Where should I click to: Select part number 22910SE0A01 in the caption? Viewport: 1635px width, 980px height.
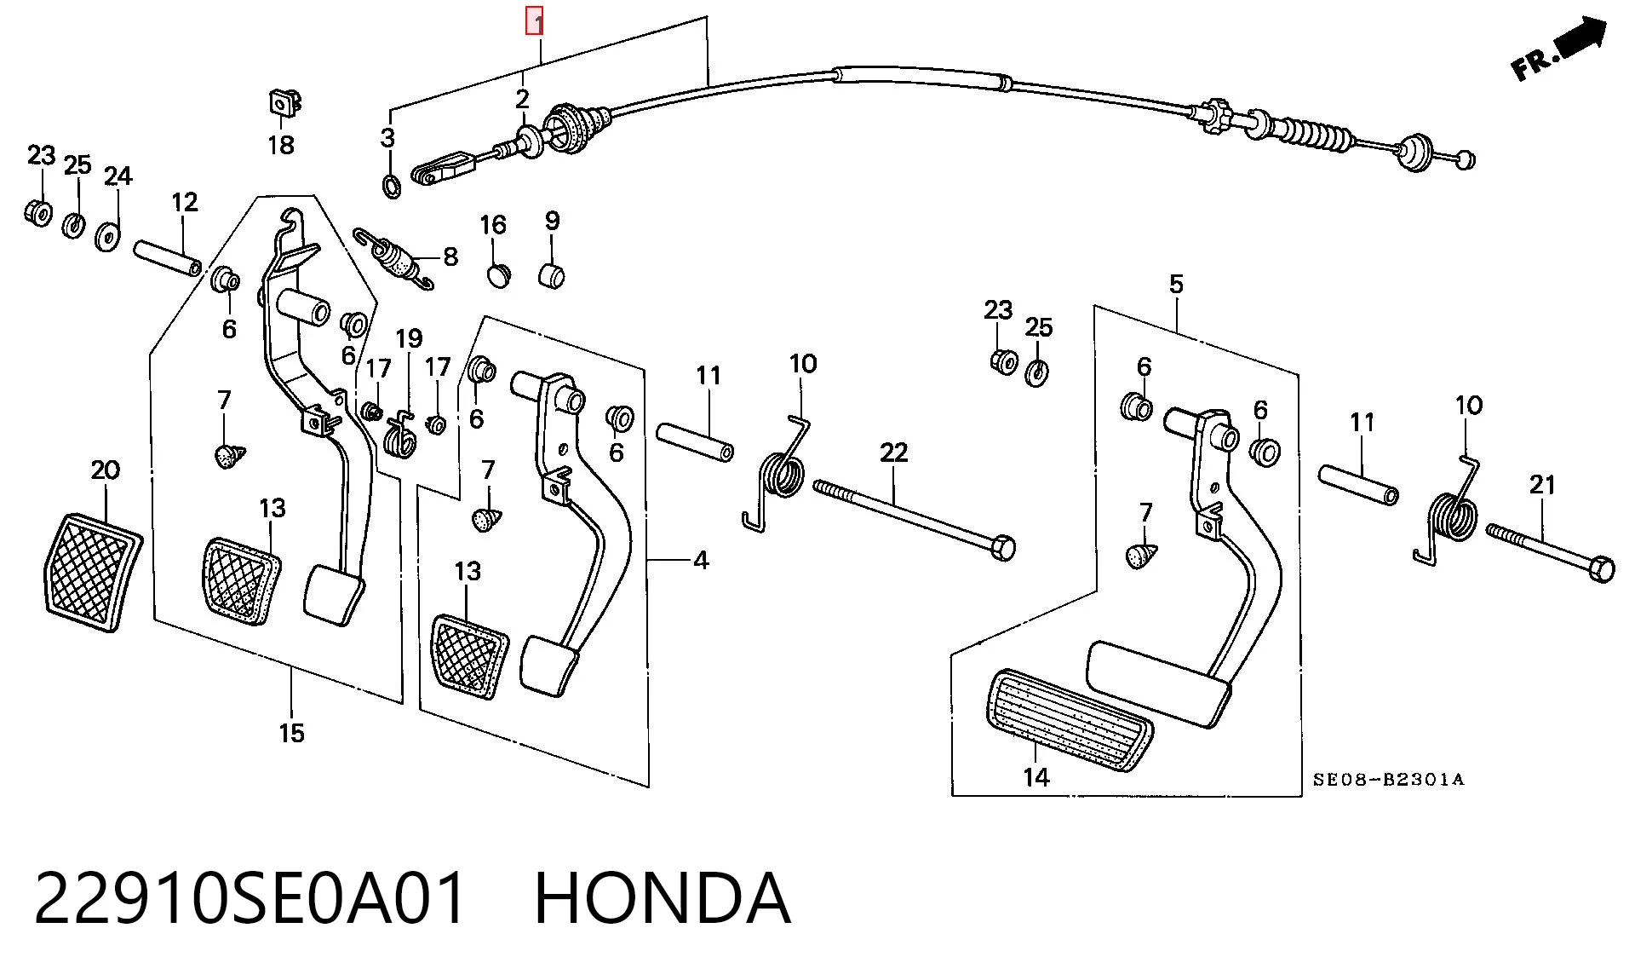pyautogui.click(x=251, y=898)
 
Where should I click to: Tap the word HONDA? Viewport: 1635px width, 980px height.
pyautogui.click(x=662, y=898)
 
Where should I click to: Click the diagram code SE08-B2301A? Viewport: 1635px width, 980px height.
pyautogui.click(x=1388, y=779)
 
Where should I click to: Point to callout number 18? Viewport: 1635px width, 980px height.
pyautogui.click(x=281, y=145)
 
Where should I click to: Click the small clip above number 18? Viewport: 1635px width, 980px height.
pyautogui.click(x=284, y=103)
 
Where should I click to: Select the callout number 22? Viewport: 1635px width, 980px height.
pyautogui.click(x=893, y=453)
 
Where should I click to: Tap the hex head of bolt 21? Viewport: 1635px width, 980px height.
pyautogui.click(x=1602, y=569)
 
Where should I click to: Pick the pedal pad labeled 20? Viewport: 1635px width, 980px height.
pyautogui.click(x=92, y=572)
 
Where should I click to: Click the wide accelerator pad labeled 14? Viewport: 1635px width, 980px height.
pyautogui.click(x=1070, y=720)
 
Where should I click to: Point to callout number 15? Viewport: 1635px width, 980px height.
pyautogui.click(x=291, y=733)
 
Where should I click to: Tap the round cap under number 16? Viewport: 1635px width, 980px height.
pyautogui.click(x=499, y=275)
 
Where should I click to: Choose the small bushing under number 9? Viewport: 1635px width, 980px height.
pyautogui.click(x=553, y=276)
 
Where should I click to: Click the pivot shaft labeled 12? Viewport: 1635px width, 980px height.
pyautogui.click(x=168, y=259)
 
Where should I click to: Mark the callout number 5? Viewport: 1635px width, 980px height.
pyautogui.click(x=1176, y=284)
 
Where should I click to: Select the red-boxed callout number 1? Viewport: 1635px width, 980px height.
pyautogui.click(x=535, y=21)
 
